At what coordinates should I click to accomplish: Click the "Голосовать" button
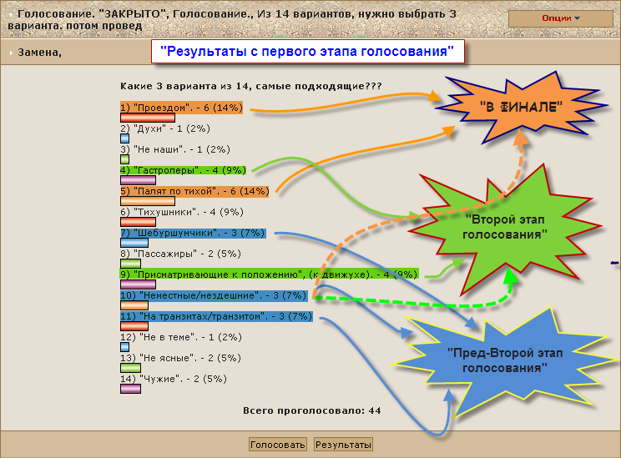point(277,445)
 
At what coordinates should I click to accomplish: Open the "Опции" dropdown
point(560,18)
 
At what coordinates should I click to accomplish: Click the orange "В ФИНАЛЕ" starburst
point(521,107)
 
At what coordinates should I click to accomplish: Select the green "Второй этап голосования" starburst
point(505,227)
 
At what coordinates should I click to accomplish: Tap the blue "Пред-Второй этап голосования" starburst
point(505,360)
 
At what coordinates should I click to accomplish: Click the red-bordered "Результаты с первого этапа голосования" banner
point(307,52)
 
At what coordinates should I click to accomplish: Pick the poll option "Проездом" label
point(181,108)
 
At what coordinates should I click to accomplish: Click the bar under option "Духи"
point(124,138)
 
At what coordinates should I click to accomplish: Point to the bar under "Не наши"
point(124,159)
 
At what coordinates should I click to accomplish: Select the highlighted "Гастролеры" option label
point(183,170)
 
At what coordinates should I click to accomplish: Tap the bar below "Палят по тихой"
point(148,201)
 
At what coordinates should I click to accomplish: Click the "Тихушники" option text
point(182,212)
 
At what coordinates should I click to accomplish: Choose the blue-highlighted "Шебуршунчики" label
point(193,233)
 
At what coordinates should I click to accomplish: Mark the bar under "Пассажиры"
point(130,264)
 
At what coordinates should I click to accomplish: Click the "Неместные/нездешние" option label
point(214,295)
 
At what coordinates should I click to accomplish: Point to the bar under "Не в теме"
point(124,347)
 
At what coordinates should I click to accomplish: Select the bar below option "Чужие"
point(130,389)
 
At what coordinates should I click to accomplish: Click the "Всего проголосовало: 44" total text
point(311,411)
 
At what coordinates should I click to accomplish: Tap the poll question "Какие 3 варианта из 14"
point(250,86)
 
